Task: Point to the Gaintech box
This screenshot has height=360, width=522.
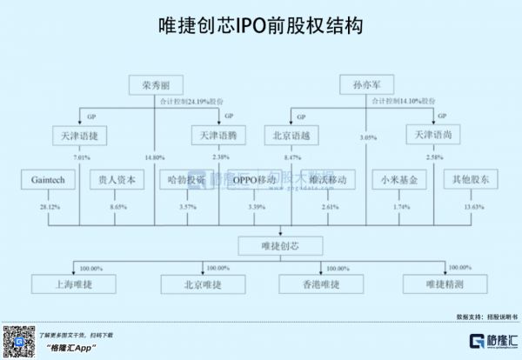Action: click(x=43, y=181)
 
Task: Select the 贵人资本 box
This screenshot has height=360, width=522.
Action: click(x=117, y=181)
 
